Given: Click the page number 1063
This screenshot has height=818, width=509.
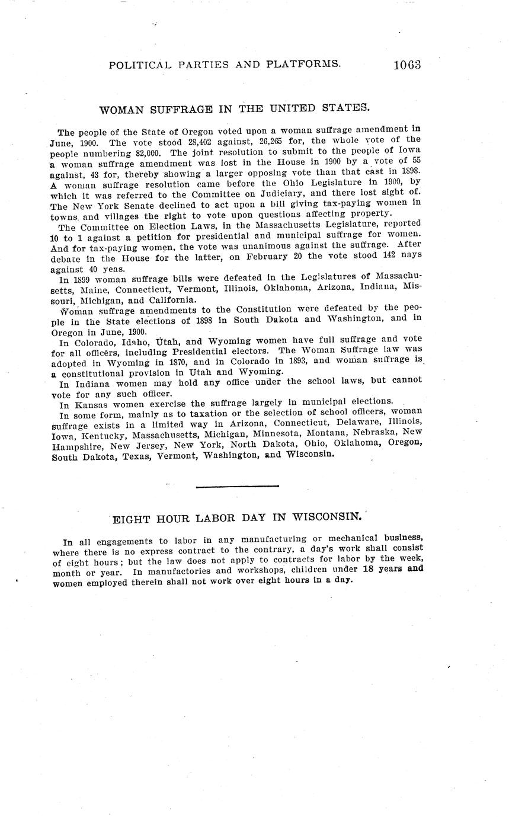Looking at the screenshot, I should click(406, 65).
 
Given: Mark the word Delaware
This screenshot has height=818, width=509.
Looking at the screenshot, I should click(356, 421).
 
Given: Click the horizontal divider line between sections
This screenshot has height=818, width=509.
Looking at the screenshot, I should click(237, 487).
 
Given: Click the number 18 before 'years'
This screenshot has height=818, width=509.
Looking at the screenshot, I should click(369, 569).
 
